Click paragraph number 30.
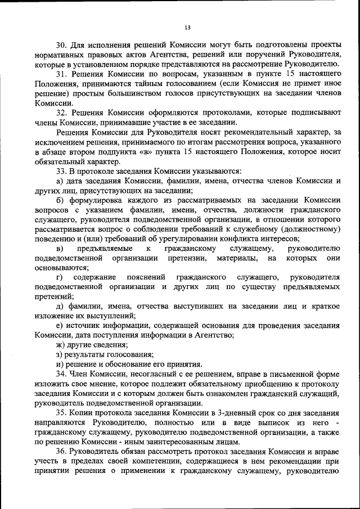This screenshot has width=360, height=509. (x=61, y=45)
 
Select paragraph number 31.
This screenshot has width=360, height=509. (x=61, y=74)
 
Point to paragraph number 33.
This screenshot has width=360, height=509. (x=61, y=170)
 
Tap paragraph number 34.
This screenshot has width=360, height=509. (x=61, y=373)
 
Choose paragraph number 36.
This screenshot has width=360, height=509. (x=61, y=452)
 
